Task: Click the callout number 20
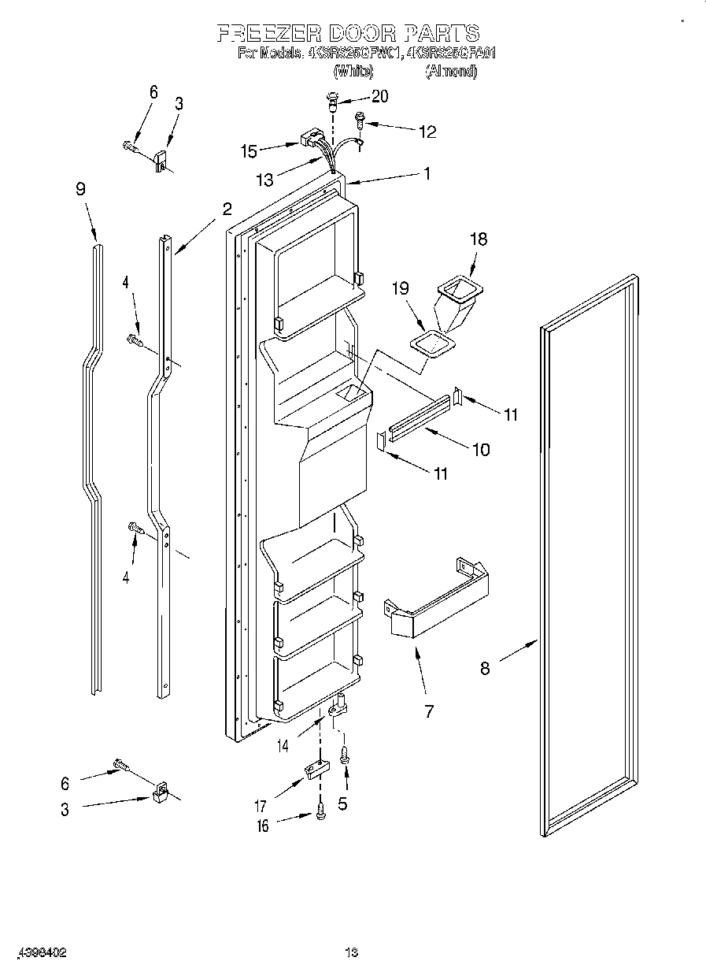click(x=379, y=97)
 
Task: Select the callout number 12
click(x=427, y=132)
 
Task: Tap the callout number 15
click(x=250, y=150)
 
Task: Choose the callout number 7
click(x=429, y=711)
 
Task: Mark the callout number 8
click(x=485, y=668)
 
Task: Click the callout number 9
click(x=80, y=189)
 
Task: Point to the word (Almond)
click(x=451, y=71)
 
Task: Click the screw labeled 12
click(x=360, y=121)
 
